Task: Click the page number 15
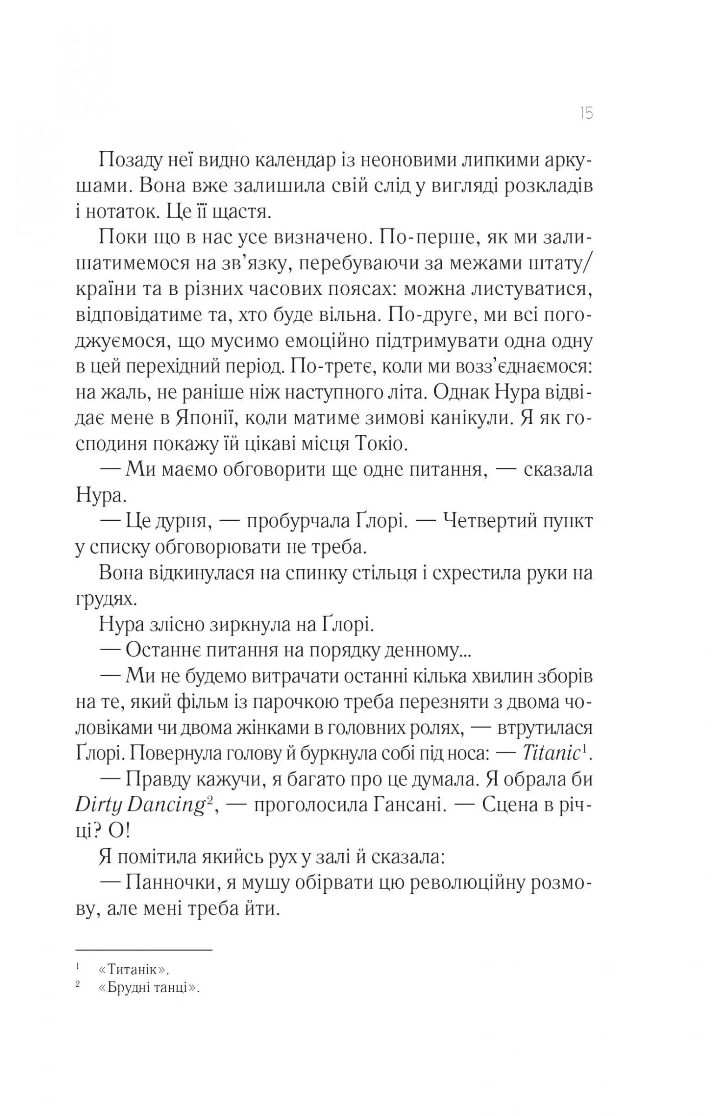587,113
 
